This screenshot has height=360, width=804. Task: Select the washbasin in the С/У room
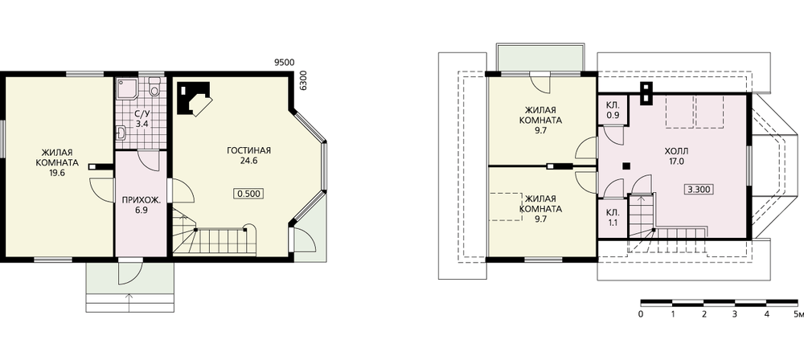[121, 133]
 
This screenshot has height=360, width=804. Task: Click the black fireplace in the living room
[193, 98]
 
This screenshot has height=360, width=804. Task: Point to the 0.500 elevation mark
[248, 194]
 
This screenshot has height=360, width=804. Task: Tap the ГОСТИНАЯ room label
[248, 150]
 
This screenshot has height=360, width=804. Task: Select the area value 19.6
[57, 173]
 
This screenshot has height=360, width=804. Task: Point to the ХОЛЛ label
[676, 151]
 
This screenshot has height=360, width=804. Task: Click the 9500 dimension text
[284, 63]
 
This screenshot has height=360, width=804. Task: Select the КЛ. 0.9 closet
[613, 110]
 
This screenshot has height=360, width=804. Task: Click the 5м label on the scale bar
[798, 314]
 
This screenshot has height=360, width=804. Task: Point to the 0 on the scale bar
[641, 314]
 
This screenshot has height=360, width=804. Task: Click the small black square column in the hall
[626, 165]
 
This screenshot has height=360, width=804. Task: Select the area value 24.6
[248, 161]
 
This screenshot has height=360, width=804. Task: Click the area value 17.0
[676, 161]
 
